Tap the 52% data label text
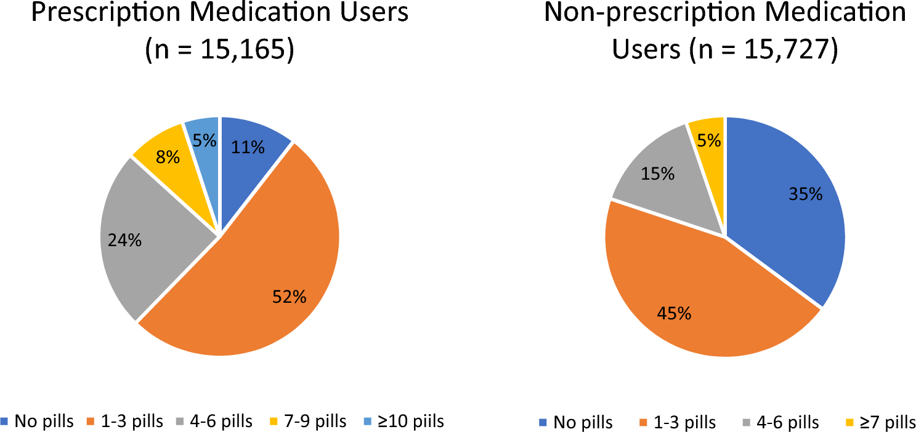click(x=289, y=297)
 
